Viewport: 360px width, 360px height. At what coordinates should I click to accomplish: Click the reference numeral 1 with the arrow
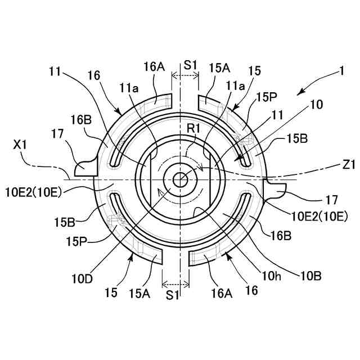coord(341,72)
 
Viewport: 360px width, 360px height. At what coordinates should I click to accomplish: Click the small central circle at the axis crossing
coord(180,179)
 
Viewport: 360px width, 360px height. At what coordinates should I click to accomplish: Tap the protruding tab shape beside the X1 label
coord(85,167)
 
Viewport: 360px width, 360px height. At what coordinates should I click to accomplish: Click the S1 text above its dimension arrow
coord(190,65)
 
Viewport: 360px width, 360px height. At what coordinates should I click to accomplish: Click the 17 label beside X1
coord(57,134)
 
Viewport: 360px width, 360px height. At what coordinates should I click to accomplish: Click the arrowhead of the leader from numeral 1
coord(299,92)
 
